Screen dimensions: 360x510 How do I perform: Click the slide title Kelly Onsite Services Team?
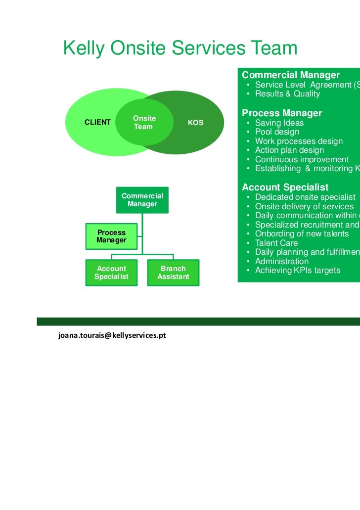pyautogui.click(x=180, y=48)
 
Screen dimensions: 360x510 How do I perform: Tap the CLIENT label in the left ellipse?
pyautogui.click(x=97, y=122)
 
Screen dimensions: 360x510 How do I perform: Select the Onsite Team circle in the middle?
pyautogui.click(x=143, y=122)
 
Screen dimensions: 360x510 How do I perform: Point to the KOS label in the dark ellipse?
pyautogui.click(x=196, y=123)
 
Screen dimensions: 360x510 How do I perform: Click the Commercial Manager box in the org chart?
pyautogui.click(x=142, y=200)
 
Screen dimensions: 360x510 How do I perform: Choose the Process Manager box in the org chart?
pyautogui.click(x=111, y=236)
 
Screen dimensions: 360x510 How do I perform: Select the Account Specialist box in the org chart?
pyautogui.click(x=111, y=273)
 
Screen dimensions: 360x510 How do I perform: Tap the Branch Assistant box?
pyautogui.click(x=173, y=273)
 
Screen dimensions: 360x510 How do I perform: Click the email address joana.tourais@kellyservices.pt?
pyautogui.click(x=112, y=335)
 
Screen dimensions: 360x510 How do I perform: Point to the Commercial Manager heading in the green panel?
pyautogui.click(x=291, y=75)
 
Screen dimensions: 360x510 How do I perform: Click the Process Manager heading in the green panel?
pyautogui.click(x=282, y=113)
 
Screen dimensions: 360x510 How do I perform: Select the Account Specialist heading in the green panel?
pyautogui.click(x=285, y=187)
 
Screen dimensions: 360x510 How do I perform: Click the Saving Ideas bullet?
pyautogui.click(x=279, y=123)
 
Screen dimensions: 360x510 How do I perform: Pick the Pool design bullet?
pyautogui.click(x=277, y=132)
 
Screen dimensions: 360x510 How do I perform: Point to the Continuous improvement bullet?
pyautogui.click(x=302, y=159)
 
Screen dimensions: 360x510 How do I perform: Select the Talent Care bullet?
pyautogui.click(x=276, y=243)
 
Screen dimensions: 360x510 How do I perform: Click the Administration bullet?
pyautogui.click(x=281, y=261)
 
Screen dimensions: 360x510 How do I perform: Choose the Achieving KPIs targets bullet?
pyautogui.click(x=297, y=271)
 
